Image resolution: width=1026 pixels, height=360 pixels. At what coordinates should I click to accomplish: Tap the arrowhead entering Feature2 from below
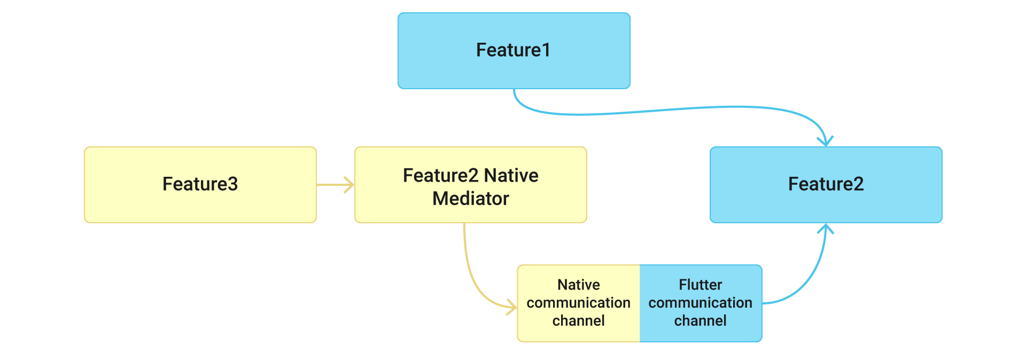(x=826, y=228)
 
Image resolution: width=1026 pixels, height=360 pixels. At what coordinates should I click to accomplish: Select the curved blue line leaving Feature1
(x=668, y=109)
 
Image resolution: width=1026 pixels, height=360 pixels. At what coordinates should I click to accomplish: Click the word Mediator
(x=470, y=199)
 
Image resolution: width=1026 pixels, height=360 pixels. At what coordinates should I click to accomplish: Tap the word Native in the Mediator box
(x=511, y=175)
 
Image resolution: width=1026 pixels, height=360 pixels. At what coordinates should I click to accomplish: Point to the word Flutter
(x=700, y=285)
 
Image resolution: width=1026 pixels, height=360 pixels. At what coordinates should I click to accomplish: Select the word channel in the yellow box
(x=578, y=320)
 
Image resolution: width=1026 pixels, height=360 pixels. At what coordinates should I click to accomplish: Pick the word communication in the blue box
(x=700, y=303)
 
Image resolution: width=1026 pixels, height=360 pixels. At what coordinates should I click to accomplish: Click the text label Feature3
(x=200, y=184)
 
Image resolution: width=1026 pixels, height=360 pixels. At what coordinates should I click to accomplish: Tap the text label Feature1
(x=513, y=50)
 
